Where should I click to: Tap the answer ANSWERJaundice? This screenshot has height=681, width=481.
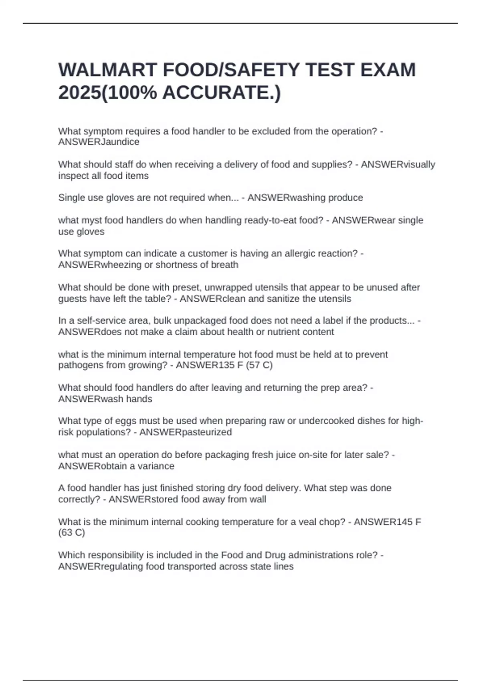pyautogui.click(x=99, y=142)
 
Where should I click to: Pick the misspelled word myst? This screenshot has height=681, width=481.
pyautogui.click(x=91, y=220)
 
